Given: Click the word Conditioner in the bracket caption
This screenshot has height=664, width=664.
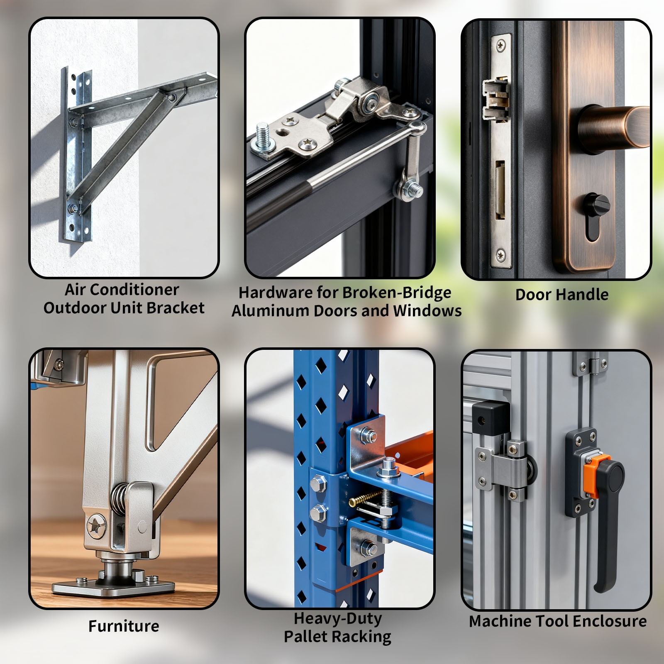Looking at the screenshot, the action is [x=137, y=290].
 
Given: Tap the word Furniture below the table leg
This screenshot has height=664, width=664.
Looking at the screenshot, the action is [x=124, y=626].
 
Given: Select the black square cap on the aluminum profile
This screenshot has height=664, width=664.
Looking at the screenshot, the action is [x=491, y=418].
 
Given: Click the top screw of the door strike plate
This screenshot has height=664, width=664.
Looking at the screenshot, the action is [x=501, y=45].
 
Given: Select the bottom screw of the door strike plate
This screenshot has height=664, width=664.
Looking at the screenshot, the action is [x=501, y=254].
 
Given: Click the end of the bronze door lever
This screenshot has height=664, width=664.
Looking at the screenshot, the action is [x=637, y=127].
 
